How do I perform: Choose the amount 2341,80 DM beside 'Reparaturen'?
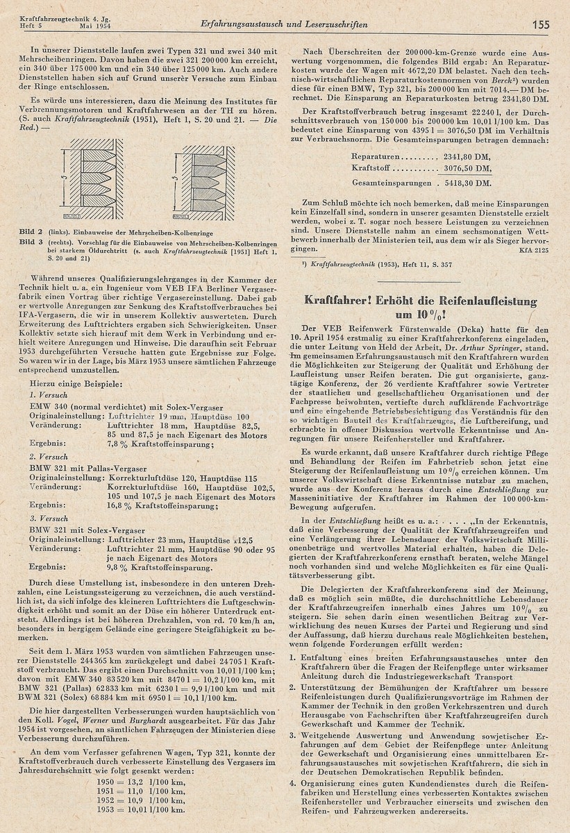[x=465, y=155]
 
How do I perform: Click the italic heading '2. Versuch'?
[x=48, y=457]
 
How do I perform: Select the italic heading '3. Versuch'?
[x=48, y=517]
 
